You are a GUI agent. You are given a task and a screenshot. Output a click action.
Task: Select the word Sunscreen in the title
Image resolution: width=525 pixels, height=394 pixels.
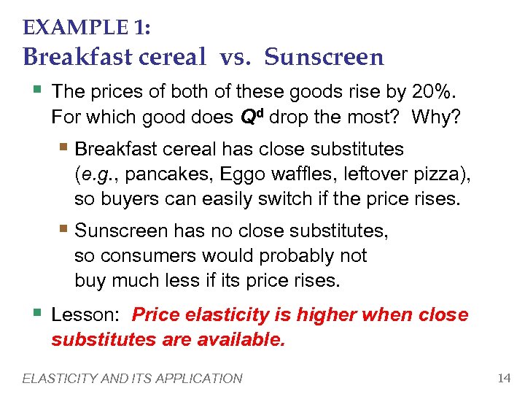pyautogui.click(x=324, y=56)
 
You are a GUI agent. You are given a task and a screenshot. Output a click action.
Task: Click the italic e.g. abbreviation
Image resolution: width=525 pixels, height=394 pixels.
pyautogui.click(x=93, y=174)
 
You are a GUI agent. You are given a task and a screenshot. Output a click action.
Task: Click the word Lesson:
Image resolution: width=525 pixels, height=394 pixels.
pyautogui.click(x=85, y=315)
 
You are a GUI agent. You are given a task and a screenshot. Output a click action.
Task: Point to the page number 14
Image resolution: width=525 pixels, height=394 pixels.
pyautogui.click(x=503, y=378)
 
